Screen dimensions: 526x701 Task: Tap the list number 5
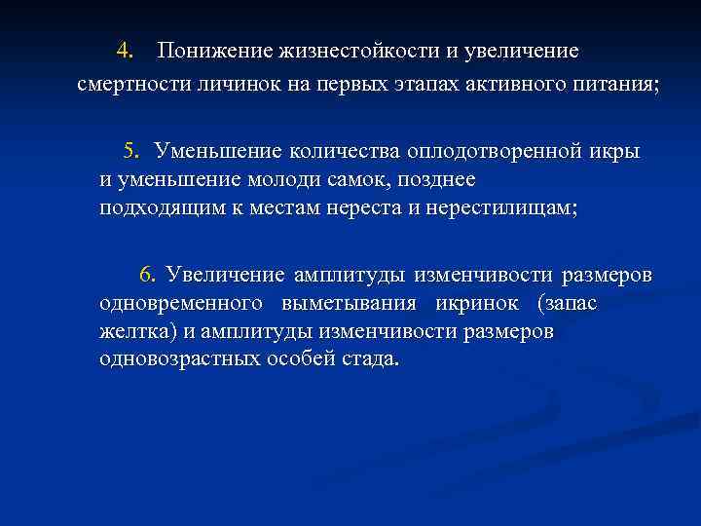[x=131, y=151]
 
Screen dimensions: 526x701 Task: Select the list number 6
[x=148, y=274]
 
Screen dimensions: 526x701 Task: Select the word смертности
[x=128, y=84]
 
